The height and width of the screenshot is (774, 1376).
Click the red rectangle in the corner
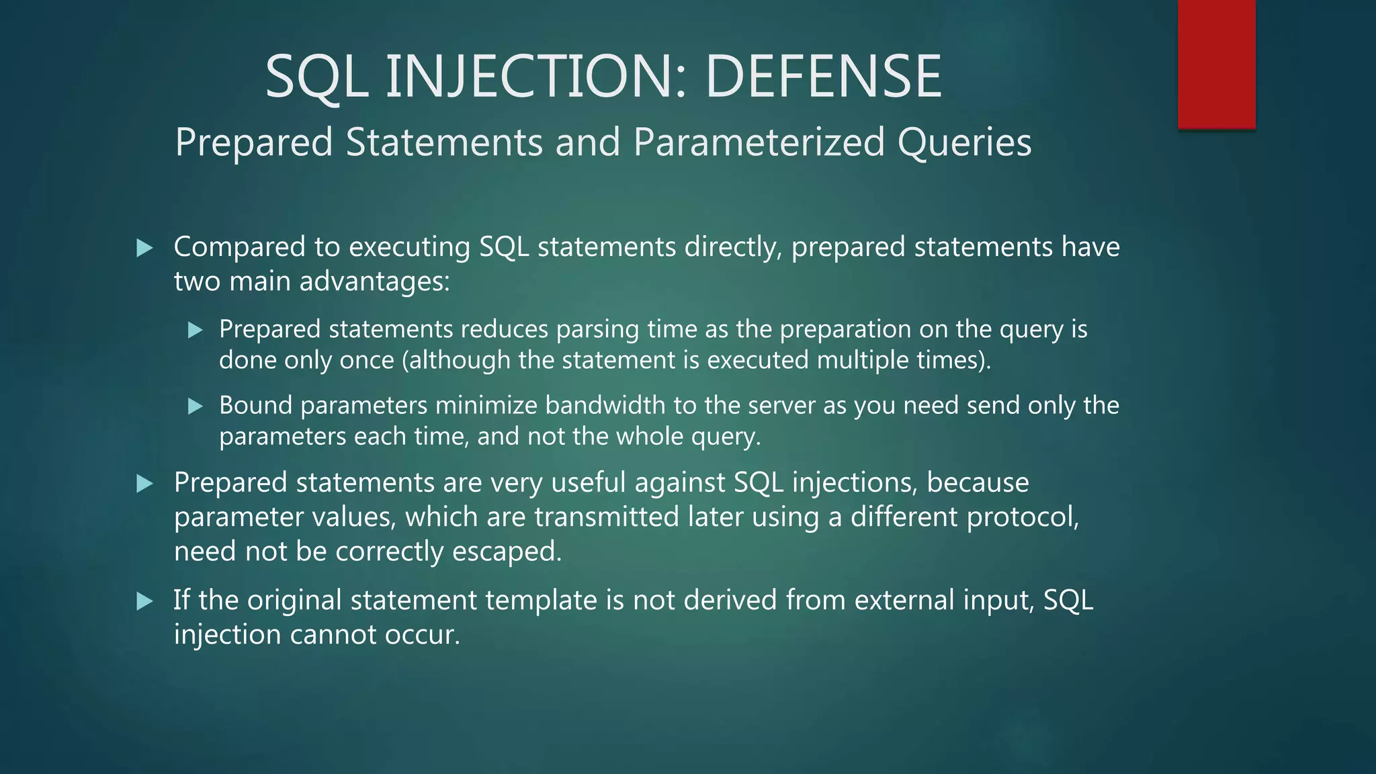point(1216,64)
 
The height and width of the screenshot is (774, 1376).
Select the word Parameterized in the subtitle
point(759,142)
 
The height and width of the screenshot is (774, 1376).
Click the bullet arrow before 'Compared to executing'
point(144,249)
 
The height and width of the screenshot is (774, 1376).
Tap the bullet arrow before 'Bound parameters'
point(195,406)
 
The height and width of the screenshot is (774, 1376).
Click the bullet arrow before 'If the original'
point(144,601)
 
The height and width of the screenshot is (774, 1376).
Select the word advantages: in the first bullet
point(374,281)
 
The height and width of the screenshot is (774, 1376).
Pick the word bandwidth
point(605,405)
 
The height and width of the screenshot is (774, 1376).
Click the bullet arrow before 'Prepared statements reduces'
point(195,330)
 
